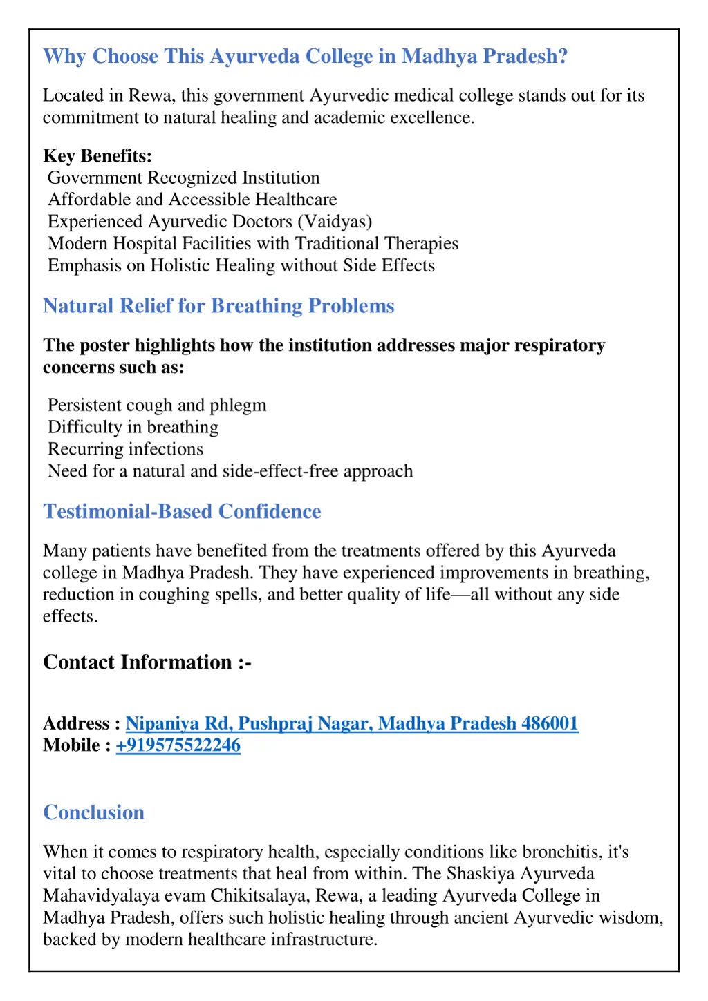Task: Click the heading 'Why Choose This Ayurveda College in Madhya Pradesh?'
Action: [305, 56]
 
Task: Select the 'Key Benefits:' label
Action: [97, 155]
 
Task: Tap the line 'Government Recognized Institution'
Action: [183, 178]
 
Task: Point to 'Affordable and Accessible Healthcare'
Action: [192, 200]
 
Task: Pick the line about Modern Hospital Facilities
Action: [253, 244]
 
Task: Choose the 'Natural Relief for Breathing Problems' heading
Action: [218, 306]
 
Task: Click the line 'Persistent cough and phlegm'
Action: [157, 405]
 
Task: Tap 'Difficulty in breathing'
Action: [133, 427]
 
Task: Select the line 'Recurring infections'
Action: [125, 449]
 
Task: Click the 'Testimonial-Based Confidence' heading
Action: [182, 511]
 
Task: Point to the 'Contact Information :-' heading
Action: [147, 662]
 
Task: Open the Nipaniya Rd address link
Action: [352, 723]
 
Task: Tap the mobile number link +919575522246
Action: [178, 745]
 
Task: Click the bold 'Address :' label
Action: [82, 723]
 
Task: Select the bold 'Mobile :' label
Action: [77, 745]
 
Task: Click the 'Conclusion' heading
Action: [93, 812]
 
